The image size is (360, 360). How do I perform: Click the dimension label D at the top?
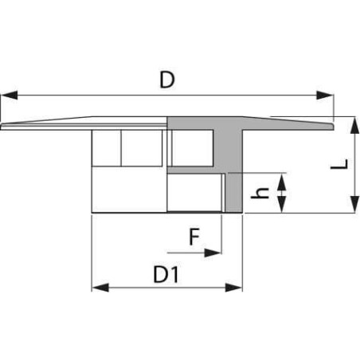pyautogui.click(x=167, y=81)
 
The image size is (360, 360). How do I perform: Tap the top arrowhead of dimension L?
pyautogui.click(x=352, y=121)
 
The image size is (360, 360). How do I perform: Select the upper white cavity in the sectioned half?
pyautogui.click(x=191, y=148)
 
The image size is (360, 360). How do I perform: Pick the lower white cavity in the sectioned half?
pyautogui.click(x=196, y=194)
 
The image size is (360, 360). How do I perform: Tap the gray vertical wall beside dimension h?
pyautogui.click(x=234, y=191)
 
